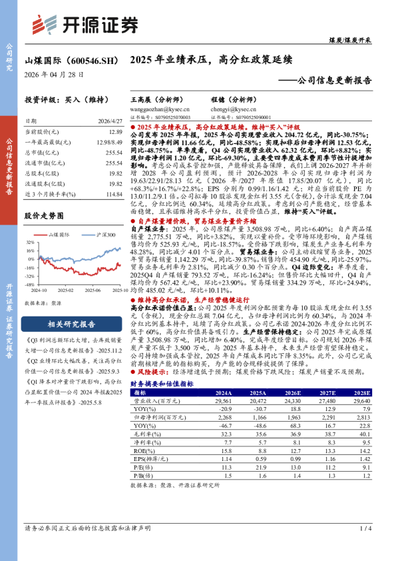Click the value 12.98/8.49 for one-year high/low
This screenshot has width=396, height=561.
[x=109, y=143]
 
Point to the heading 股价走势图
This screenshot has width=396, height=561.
[x=44, y=216]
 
